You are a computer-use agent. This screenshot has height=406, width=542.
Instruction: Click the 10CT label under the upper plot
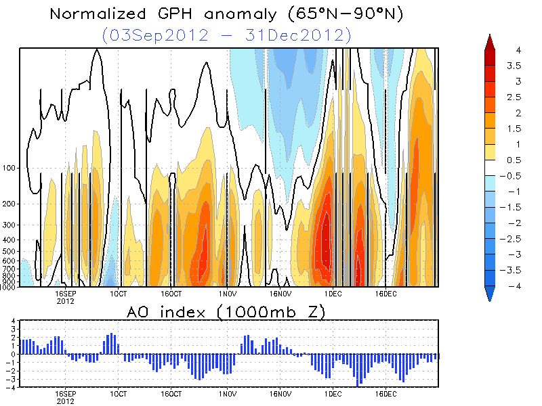coord(118,294)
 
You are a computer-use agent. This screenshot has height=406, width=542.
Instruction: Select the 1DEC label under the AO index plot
coord(333,393)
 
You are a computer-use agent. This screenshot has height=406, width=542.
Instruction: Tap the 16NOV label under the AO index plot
coord(280,393)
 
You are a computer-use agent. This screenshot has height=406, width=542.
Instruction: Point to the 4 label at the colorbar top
coord(517,51)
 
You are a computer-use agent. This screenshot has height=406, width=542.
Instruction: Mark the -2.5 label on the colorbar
coord(518,238)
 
